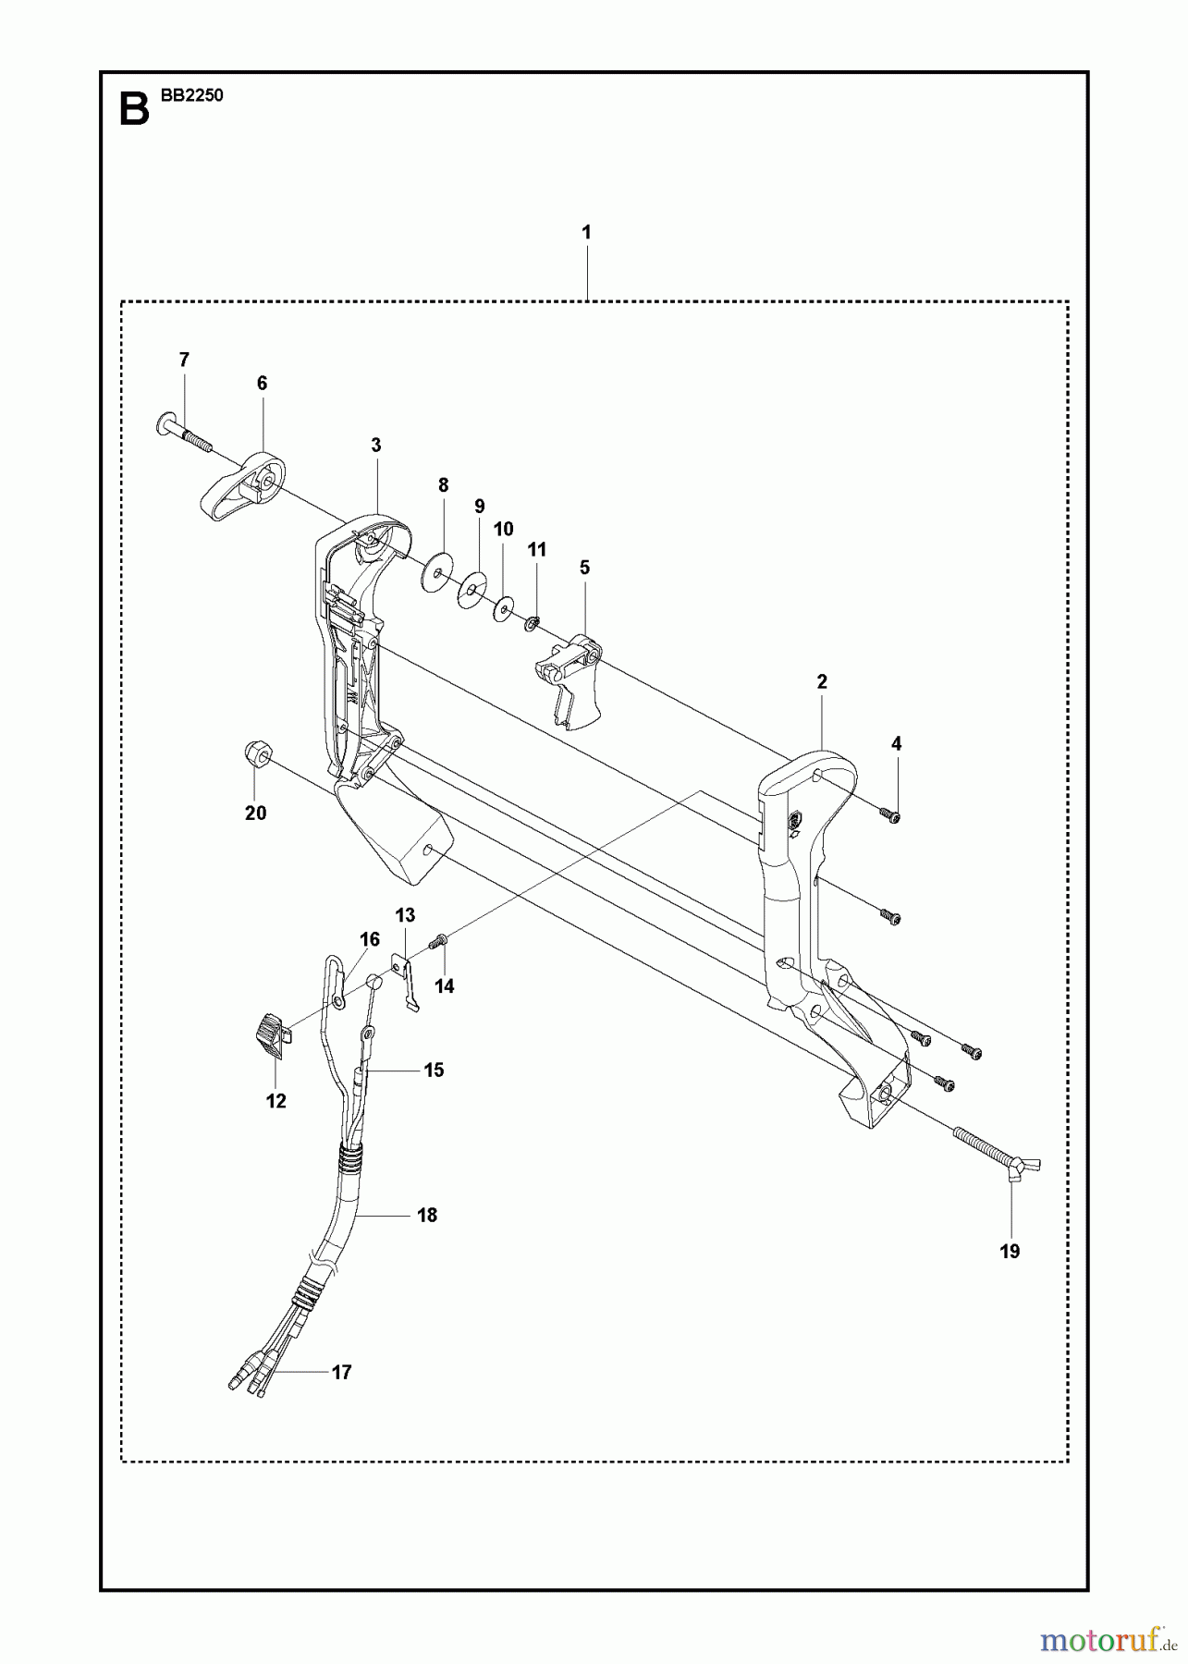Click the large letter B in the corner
point(134,110)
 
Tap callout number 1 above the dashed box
point(586,232)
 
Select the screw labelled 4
point(892,814)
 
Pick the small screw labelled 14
point(438,942)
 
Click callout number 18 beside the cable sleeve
point(426,1216)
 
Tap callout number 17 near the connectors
point(341,1373)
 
